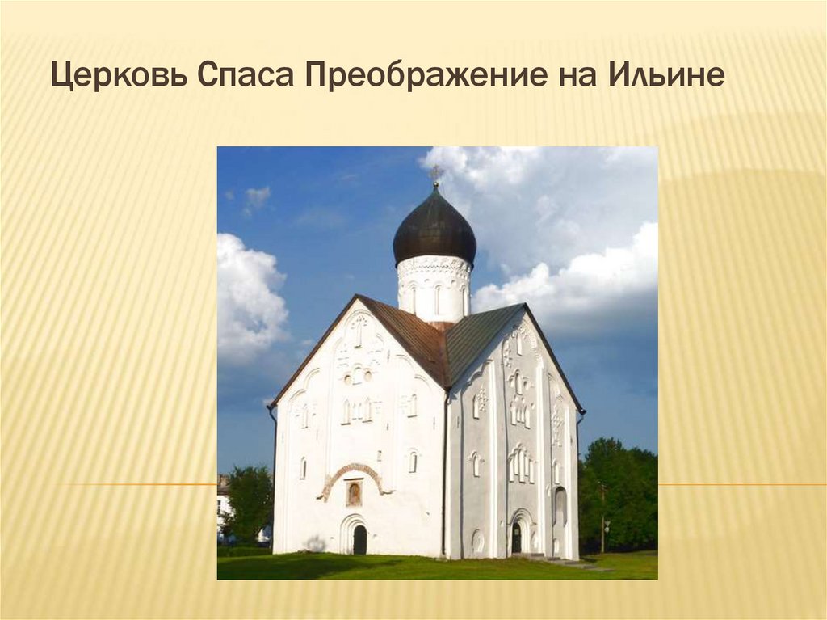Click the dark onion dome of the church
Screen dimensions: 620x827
click(x=434, y=230)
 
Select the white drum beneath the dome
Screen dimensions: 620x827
click(x=434, y=287)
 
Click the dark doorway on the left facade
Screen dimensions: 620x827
click(x=359, y=539)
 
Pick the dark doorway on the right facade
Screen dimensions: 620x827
click(x=516, y=538)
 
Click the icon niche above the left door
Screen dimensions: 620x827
click(x=354, y=492)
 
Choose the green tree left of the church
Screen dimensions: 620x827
click(x=246, y=501)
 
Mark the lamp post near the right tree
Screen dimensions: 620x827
click(x=602, y=517)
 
